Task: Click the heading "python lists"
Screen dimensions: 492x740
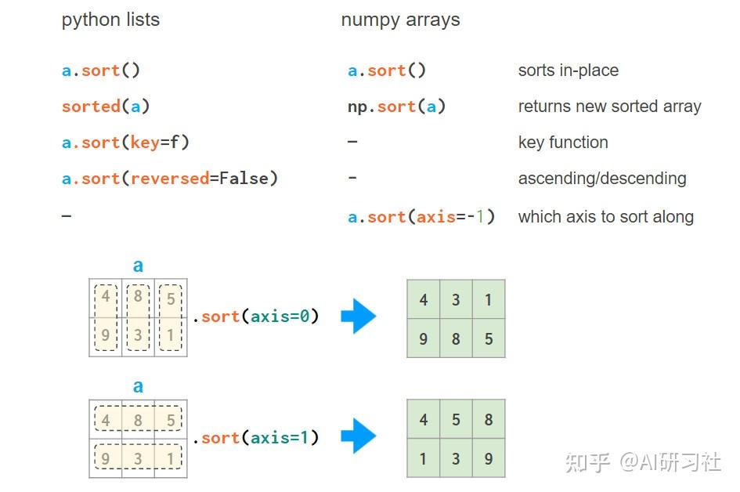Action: [x=110, y=20]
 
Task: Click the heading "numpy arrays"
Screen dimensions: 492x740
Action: [x=400, y=20]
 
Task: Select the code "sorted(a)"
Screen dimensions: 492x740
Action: [x=106, y=107]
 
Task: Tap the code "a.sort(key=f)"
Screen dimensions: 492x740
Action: [x=125, y=143]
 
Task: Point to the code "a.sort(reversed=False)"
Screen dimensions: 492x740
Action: [x=170, y=179]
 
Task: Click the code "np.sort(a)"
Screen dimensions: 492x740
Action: [x=396, y=107]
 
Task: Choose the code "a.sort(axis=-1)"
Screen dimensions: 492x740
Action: [x=421, y=216]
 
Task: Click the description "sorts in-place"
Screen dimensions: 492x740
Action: [x=568, y=71]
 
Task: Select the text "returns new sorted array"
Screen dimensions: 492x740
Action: [x=609, y=107]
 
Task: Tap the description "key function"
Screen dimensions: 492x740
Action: [x=562, y=143]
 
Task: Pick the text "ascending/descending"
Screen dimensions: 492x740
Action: [x=601, y=179]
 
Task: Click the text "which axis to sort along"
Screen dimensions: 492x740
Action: [x=605, y=217]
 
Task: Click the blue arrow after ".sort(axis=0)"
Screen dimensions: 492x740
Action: [x=359, y=317]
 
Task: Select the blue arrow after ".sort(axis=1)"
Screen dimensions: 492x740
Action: [x=359, y=436]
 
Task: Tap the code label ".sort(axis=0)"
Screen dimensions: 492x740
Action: [x=256, y=317]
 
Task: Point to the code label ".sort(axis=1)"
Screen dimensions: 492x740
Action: [x=256, y=437]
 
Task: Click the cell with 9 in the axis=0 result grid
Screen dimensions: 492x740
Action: [x=423, y=339]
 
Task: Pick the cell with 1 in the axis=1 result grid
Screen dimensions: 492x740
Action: [x=423, y=459]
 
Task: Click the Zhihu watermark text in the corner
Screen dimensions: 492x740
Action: [x=642, y=462]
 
